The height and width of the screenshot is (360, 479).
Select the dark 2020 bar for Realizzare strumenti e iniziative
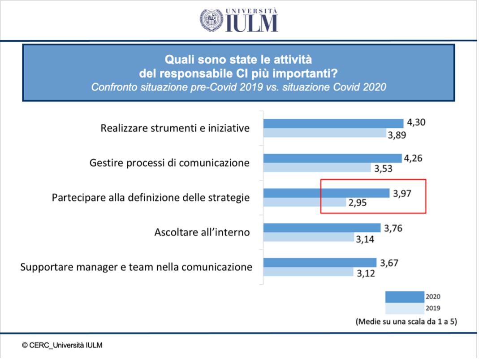click(333, 123)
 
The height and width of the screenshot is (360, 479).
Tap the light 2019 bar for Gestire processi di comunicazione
click(317, 168)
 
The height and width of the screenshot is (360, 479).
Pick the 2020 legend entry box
click(405, 297)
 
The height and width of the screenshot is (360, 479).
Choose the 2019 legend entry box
click(405, 308)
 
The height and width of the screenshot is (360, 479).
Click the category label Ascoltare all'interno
click(202, 232)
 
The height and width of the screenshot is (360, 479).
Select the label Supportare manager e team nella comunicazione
click(136, 267)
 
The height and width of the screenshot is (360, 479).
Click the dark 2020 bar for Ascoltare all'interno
click(322, 228)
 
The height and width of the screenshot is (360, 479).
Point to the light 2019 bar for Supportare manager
click(308, 272)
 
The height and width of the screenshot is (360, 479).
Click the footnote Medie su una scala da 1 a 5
click(406, 322)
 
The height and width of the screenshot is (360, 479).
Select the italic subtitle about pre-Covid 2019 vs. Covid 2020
click(238, 87)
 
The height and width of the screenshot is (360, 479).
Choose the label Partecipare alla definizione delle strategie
click(151, 197)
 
